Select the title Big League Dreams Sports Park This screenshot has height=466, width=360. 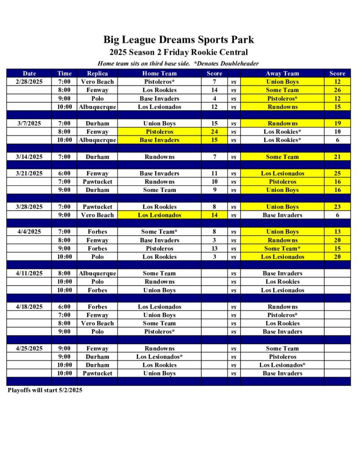point(178,40)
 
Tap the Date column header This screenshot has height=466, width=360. point(29,73)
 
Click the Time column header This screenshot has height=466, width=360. point(64,73)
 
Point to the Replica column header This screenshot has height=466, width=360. point(97,73)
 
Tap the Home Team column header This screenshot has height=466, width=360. point(159,73)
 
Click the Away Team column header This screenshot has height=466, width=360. point(282,73)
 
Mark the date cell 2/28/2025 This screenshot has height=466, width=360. point(29,82)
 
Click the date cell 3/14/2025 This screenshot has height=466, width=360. point(29,157)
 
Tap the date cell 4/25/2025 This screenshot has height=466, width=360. point(29,349)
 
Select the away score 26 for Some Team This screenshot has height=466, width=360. point(337,90)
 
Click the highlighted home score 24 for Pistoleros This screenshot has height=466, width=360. point(214,132)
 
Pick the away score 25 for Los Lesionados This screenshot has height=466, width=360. point(337,173)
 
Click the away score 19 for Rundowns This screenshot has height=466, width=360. point(337,123)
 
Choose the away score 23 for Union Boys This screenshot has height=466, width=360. point(337,207)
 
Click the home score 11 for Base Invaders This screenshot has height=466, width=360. point(214,173)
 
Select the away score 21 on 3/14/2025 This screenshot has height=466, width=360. point(337,157)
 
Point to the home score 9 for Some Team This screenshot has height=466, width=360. point(214,190)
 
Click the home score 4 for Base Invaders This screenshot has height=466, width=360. point(214,98)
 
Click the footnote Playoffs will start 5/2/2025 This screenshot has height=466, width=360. point(45,390)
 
